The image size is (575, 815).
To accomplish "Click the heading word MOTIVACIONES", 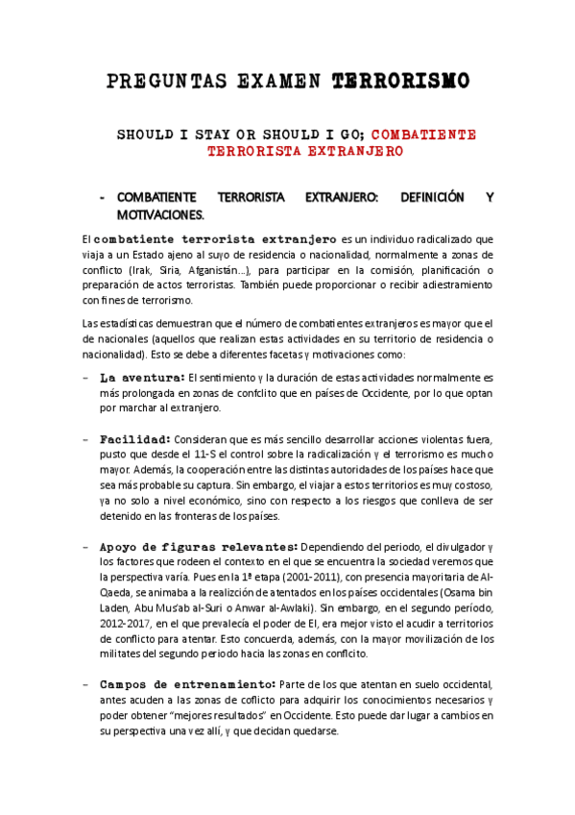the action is [x=160, y=213].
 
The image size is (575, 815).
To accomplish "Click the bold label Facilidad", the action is [x=135, y=438].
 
